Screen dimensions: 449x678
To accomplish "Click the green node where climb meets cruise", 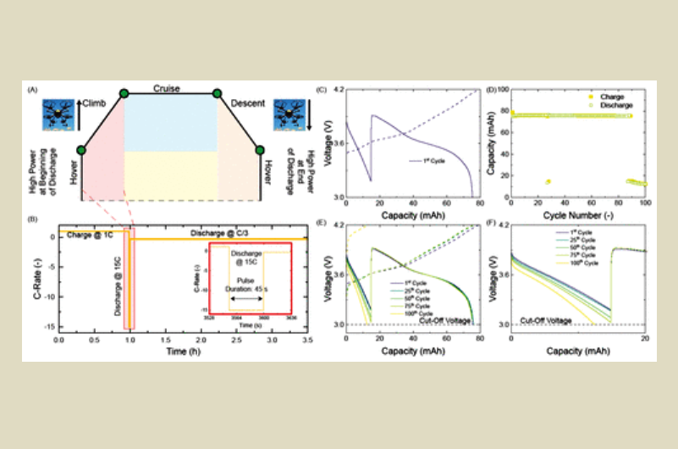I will click(x=124, y=92).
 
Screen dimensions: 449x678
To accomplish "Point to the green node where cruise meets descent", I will click(x=217, y=92).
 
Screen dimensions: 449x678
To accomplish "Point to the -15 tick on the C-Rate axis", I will click(x=50, y=326).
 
